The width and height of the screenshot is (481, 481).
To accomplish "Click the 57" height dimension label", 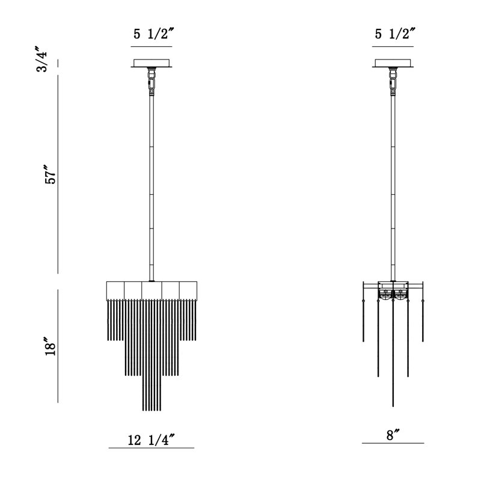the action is click(51, 174).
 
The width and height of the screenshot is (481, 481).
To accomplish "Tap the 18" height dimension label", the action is click(51, 347).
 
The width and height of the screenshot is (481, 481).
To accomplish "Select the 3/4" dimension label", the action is click(42, 60).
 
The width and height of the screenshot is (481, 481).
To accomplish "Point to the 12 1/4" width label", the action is click(152, 440).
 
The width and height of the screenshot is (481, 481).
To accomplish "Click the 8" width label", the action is click(393, 435).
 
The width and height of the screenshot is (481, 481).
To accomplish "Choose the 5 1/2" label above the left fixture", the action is click(154, 34).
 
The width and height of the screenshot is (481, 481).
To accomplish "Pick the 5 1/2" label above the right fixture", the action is click(395, 34).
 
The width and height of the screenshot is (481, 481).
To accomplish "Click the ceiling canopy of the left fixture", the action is click(152, 63).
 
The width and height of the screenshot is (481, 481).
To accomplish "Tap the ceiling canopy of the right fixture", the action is click(393, 63).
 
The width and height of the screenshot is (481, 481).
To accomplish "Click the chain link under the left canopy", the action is click(151, 81).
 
